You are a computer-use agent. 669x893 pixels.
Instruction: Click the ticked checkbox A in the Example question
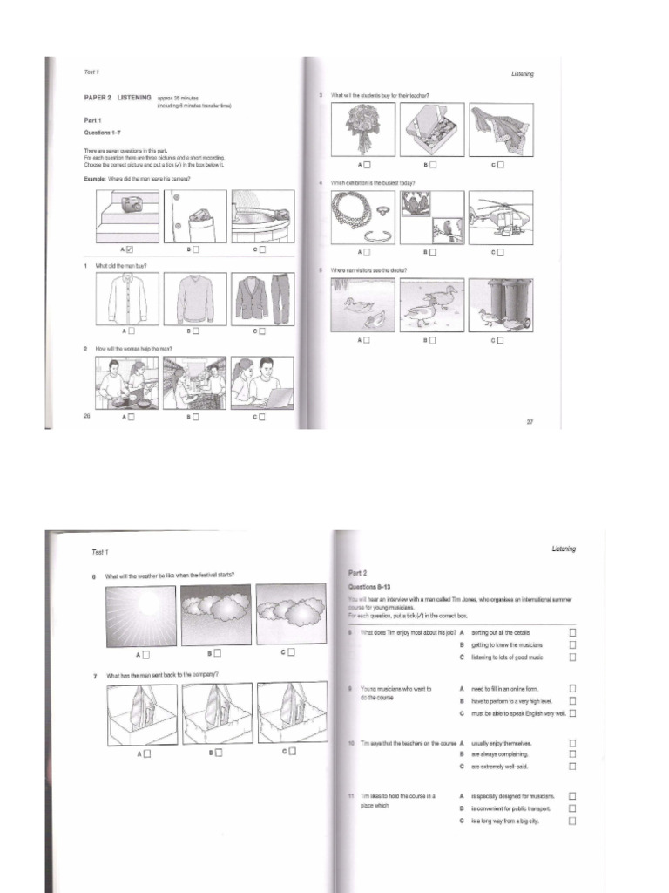pyautogui.click(x=131, y=249)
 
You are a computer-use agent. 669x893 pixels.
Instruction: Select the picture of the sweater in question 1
pyautogui.click(x=194, y=299)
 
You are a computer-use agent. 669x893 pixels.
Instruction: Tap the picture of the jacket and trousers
pyautogui.click(x=262, y=299)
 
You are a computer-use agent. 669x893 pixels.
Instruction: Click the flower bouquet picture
pyautogui.click(x=362, y=129)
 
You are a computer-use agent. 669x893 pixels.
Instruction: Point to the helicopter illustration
pyautogui.click(x=500, y=218)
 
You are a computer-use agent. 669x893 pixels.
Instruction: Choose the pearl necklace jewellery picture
pyautogui.click(x=362, y=218)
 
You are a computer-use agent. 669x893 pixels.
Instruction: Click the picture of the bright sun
pyautogui.click(x=140, y=616)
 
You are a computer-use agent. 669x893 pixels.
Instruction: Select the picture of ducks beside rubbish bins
pyautogui.click(x=500, y=305)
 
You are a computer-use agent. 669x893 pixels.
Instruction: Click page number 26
pyautogui.click(x=86, y=416)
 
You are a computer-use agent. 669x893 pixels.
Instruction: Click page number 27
pyautogui.click(x=530, y=422)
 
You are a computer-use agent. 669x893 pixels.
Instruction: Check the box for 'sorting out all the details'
pyautogui.click(x=572, y=632)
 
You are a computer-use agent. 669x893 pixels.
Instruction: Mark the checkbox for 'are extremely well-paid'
pyautogui.click(x=572, y=767)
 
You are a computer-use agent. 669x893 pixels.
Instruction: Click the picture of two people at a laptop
pyautogui.click(x=262, y=383)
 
